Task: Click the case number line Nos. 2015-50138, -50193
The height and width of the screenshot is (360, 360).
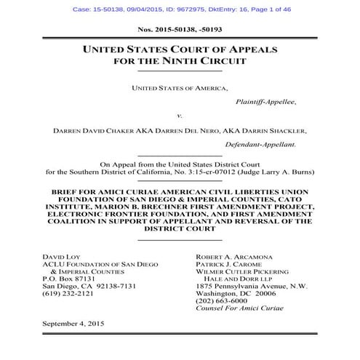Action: pyautogui.click(x=179, y=29)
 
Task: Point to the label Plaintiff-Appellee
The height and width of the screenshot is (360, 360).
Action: pyautogui.click(x=266, y=102)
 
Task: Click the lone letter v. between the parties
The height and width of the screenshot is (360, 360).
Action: pyautogui.click(x=180, y=116)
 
